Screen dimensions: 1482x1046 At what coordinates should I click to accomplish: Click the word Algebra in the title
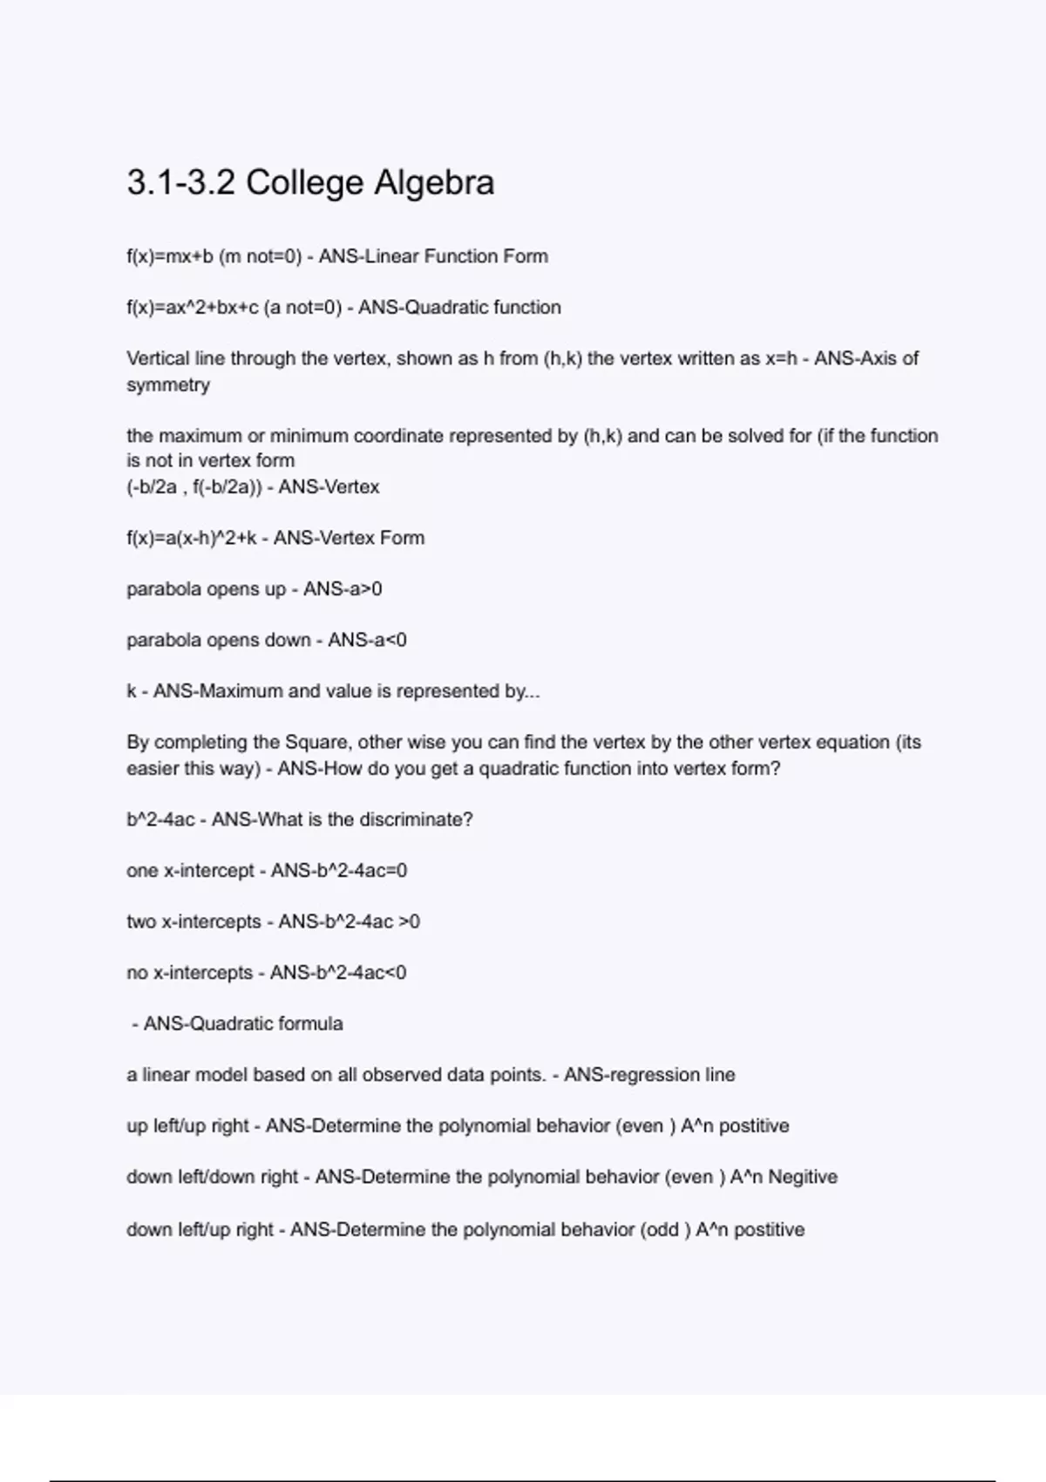pyautogui.click(x=434, y=183)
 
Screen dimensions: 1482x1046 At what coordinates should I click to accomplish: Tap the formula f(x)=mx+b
pyautogui.click(x=170, y=256)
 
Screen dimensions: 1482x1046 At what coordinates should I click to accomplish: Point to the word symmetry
pyautogui.click(x=168, y=385)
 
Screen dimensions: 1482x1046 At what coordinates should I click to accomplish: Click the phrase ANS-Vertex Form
pyautogui.click(x=349, y=538)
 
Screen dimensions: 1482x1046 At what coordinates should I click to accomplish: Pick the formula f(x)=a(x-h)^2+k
pyautogui.click(x=192, y=538)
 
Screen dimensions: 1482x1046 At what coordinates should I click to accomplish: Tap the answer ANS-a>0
pyautogui.click(x=343, y=589)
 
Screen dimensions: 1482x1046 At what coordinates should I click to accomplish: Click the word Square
pyautogui.click(x=316, y=743)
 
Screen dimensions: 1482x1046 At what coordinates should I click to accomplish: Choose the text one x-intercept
pyautogui.click(x=190, y=870)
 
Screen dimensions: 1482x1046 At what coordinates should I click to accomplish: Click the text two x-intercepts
pyautogui.click(x=194, y=921)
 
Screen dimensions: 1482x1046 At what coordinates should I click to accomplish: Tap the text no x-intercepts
pyautogui.click(x=189, y=972)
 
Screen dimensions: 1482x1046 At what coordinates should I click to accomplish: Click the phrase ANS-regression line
pyautogui.click(x=649, y=1075)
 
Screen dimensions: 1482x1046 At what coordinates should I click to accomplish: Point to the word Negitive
pyautogui.click(x=803, y=1177)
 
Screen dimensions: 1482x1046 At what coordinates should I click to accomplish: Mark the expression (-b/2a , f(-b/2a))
pyautogui.click(x=194, y=487)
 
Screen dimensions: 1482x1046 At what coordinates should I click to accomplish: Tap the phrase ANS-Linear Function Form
pyautogui.click(x=433, y=256)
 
